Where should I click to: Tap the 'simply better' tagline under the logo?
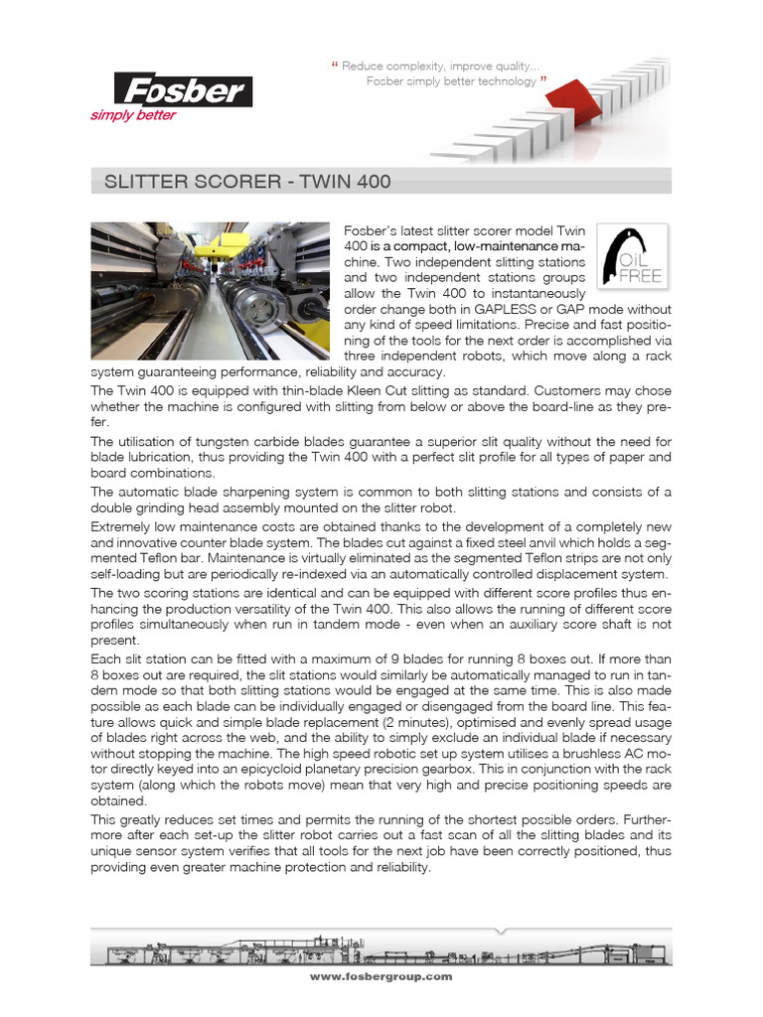coord(133,115)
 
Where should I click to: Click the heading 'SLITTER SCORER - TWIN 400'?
coord(240,182)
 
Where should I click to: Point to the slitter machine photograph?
coord(210,291)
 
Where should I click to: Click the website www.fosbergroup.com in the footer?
coord(381,977)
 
